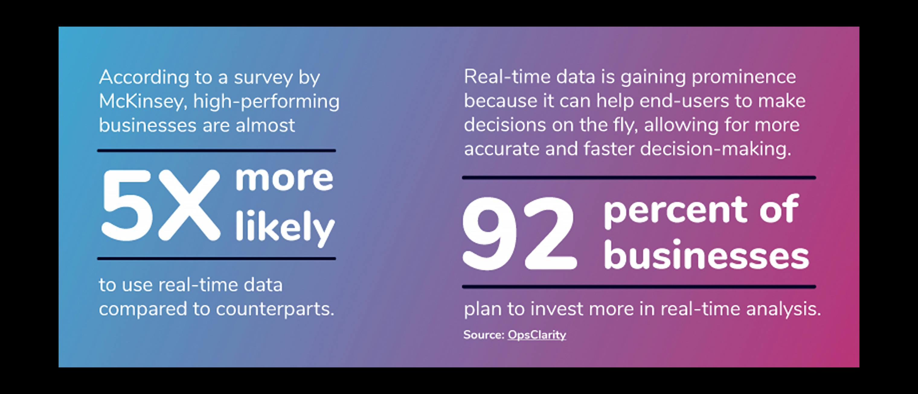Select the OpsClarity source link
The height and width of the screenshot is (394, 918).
[x=537, y=335]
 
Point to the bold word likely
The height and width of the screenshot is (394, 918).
[x=285, y=228]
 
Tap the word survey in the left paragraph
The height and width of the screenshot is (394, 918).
[x=263, y=78]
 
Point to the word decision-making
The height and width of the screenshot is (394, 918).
[x=716, y=149]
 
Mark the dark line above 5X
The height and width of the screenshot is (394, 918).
[x=216, y=151]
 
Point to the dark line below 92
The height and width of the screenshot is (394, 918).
[x=639, y=287]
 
